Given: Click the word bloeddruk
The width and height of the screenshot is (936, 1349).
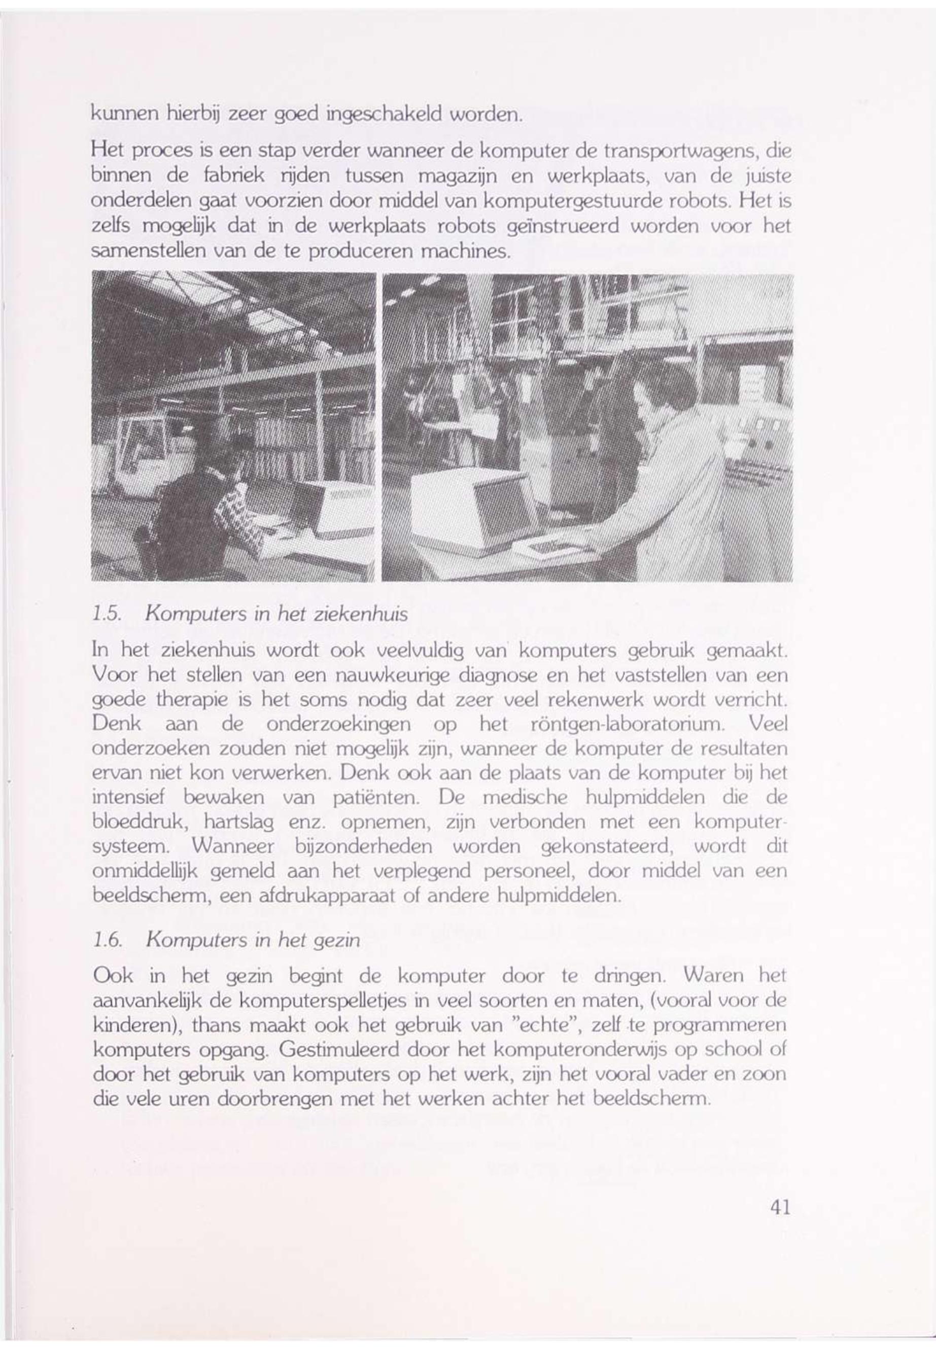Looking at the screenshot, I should pos(139,822).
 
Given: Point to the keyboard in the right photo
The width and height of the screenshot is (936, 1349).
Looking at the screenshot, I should pos(542,549).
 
